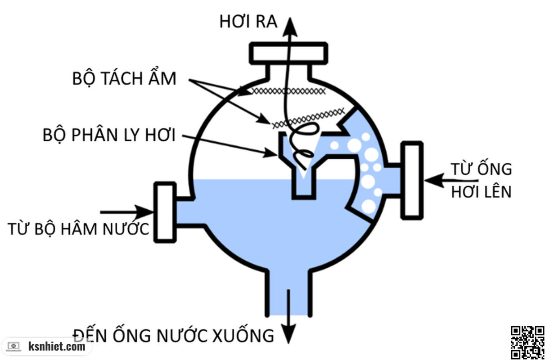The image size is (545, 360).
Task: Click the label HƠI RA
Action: tap(248, 21)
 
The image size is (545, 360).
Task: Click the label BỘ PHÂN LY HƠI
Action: tap(109, 135)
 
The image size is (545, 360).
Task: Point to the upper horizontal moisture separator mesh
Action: tap(288, 91)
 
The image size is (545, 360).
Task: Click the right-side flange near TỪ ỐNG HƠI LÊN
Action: tap(412, 180)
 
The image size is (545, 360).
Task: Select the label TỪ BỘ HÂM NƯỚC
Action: tap(78, 229)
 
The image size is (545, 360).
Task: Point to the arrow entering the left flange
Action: tap(128, 211)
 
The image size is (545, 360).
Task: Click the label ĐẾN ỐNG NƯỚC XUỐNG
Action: tap(174, 335)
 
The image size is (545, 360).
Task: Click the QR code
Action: tap(527, 342)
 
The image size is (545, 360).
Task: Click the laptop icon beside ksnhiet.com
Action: tap(14, 346)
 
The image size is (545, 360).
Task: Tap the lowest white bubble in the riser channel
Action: tap(369, 206)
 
